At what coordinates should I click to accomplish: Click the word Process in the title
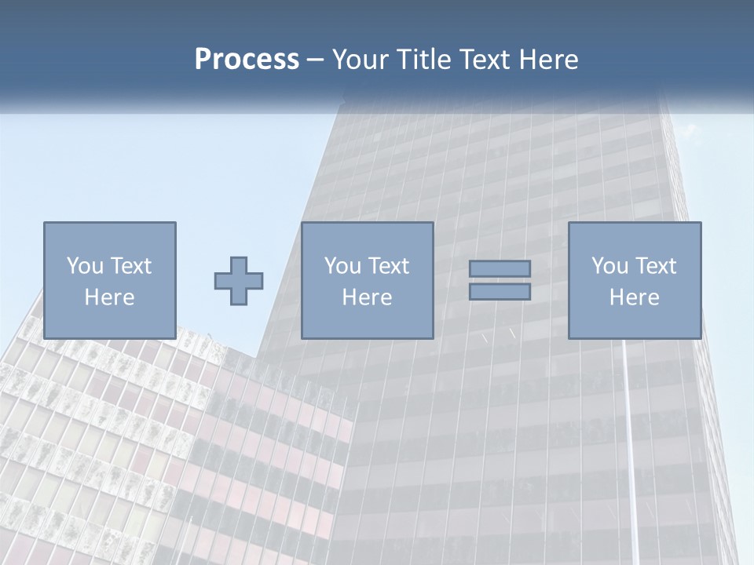tap(247, 60)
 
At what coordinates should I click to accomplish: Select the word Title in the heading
tap(423, 60)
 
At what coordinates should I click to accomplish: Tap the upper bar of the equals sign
tap(500, 268)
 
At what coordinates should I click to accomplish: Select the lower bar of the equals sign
tap(500, 292)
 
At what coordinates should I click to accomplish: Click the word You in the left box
tap(85, 266)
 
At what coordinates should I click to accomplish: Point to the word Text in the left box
tap(130, 266)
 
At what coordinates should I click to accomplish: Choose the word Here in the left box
tap(109, 297)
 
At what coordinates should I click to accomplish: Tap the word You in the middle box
tap(342, 266)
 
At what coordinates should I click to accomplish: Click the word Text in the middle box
tap(388, 266)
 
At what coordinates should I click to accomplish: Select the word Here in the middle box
tap(367, 297)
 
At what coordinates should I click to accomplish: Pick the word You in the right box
tap(609, 266)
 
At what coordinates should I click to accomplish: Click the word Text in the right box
tap(655, 266)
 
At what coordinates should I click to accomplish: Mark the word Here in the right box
tap(634, 297)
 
